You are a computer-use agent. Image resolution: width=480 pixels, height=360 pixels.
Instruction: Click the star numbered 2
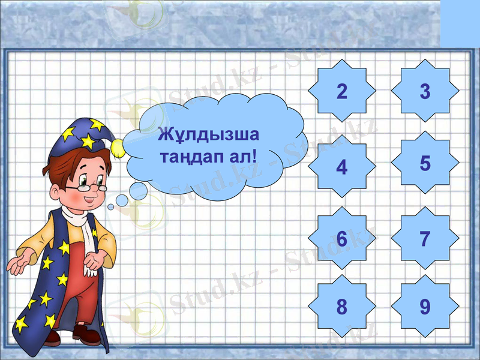click(x=342, y=92)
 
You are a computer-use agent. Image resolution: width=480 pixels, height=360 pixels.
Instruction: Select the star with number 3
click(x=425, y=92)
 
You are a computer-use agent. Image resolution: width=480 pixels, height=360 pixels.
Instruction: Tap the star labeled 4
click(x=342, y=166)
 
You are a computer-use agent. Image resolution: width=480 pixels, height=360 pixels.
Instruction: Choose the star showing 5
click(x=425, y=163)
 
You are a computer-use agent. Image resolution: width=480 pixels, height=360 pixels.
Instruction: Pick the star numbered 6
click(x=342, y=239)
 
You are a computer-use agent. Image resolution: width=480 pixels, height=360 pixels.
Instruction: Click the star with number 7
click(x=425, y=239)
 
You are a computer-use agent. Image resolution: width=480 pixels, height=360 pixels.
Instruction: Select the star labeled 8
click(x=342, y=307)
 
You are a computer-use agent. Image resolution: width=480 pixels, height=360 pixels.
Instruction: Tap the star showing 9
click(x=425, y=307)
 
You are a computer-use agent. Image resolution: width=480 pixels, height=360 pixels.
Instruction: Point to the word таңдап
click(x=189, y=158)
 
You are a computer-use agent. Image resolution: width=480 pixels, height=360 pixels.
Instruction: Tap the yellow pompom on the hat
click(x=118, y=145)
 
